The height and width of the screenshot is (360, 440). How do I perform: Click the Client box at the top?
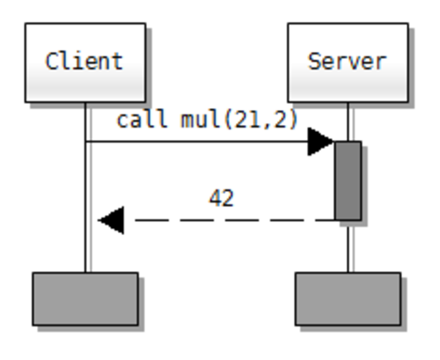[85, 62]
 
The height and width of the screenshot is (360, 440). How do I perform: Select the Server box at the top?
[348, 62]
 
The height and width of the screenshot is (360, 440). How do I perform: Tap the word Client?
[84, 61]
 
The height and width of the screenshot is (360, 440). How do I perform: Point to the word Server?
[348, 62]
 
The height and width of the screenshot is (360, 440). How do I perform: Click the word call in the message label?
[143, 119]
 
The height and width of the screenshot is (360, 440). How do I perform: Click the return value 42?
[222, 198]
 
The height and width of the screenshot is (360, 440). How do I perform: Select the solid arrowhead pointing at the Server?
[320, 142]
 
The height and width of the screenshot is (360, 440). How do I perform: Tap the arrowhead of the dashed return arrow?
[111, 220]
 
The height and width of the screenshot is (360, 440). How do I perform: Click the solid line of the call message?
[196, 142]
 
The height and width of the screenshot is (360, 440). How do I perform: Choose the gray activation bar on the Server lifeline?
[348, 180]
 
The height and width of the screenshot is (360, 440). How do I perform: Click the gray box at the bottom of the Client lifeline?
[85, 299]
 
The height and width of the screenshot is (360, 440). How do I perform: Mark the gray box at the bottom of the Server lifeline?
[348, 299]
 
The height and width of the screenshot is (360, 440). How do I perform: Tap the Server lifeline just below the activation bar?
[350, 246]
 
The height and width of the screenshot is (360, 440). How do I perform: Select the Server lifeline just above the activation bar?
[350, 121]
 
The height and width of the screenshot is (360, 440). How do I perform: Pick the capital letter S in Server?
[314, 62]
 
